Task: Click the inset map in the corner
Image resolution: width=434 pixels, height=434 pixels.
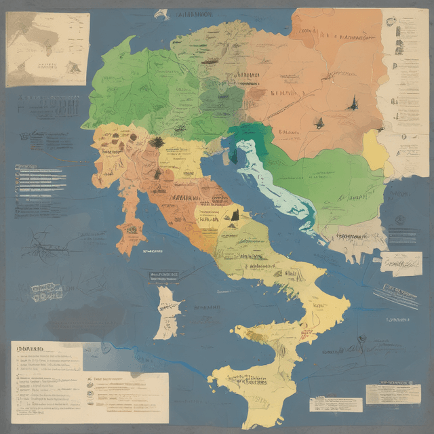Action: coord(46,49)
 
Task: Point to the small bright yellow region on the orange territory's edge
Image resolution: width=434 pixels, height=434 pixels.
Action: coord(375,149)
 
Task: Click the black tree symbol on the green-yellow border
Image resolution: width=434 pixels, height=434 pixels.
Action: coord(157,142)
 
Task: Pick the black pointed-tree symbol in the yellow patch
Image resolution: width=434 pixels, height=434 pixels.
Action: coord(233,216)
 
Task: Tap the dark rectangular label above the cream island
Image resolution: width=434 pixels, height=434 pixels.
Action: coord(164,275)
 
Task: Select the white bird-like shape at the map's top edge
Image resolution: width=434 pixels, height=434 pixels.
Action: coord(161,14)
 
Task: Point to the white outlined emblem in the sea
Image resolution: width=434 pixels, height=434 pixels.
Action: coord(46,292)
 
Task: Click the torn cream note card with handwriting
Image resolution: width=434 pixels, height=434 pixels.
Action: coord(400,263)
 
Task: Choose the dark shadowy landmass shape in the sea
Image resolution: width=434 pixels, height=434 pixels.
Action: coord(88,319)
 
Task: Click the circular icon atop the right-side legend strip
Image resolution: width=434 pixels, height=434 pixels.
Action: coord(392,21)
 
